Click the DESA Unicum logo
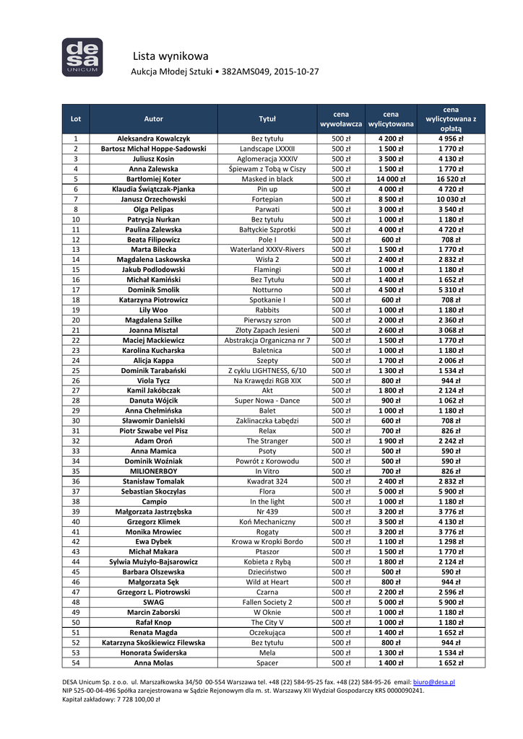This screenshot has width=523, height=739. pos(82,57)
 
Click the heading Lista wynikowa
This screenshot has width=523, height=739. pos(170,56)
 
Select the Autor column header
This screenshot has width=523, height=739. pos(154,118)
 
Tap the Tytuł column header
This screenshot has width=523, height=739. pos(267,118)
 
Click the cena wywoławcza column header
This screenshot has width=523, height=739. pos(340,118)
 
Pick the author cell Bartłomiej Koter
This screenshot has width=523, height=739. pos(154,178)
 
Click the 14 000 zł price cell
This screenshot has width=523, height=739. pos(391,178)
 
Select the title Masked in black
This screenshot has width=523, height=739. pos(267,178)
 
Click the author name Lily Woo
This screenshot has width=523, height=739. pos(154,310)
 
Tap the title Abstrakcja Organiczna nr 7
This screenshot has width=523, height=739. pos(267,340)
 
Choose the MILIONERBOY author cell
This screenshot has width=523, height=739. pos(154,471)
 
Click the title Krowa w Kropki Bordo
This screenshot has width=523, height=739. pos(267,541)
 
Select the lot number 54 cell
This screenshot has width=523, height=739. pos(76,662)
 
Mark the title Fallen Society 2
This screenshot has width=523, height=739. pos(267,601)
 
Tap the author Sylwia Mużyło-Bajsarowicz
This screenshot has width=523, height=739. pos(154,561)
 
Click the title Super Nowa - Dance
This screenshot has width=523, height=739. pos(267,401)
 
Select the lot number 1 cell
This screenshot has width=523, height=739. pos(76,139)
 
